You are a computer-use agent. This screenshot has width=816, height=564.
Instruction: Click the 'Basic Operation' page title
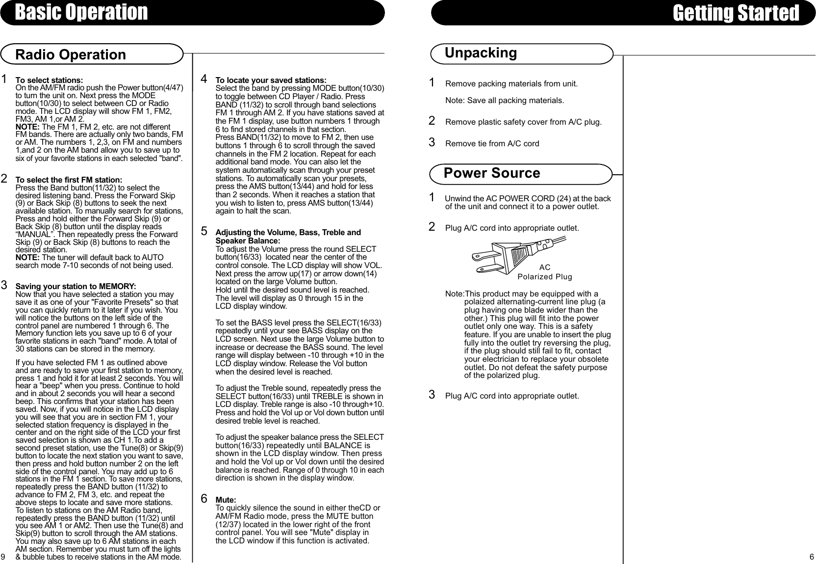click(81, 12)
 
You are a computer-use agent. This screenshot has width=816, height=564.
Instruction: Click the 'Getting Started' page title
click(736, 13)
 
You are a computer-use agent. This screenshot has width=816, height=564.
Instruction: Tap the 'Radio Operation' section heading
click(71, 54)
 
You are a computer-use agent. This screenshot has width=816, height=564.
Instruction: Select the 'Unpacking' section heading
click(481, 53)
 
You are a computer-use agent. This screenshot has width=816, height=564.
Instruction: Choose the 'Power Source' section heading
click(491, 173)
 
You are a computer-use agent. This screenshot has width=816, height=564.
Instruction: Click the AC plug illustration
click(515, 254)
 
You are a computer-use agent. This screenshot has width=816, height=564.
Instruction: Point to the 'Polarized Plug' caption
click(545, 277)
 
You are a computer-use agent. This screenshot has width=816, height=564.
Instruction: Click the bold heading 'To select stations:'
click(50, 80)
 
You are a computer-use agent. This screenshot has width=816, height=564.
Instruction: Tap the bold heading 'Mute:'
click(226, 500)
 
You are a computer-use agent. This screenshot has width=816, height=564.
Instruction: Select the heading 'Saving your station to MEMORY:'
click(76, 286)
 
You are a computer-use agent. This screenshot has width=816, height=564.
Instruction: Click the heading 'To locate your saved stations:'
click(271, 80)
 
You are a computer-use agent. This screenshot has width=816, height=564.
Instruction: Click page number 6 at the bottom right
click(812, 557)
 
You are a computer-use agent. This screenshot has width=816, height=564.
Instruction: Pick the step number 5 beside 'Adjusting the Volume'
click(204, 231)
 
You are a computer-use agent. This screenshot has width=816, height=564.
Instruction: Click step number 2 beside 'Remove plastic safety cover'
click(432, 121)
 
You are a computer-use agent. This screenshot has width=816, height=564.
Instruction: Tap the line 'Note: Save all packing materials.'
click(504, 101)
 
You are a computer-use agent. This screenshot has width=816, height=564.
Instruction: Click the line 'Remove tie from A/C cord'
click(492, 144)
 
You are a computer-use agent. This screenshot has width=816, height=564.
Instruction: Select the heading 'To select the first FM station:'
click(69, 180)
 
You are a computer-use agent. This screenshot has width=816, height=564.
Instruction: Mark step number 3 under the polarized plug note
click(432, 395)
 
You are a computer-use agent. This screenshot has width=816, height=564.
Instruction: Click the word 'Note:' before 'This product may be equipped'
click(454, 294)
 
